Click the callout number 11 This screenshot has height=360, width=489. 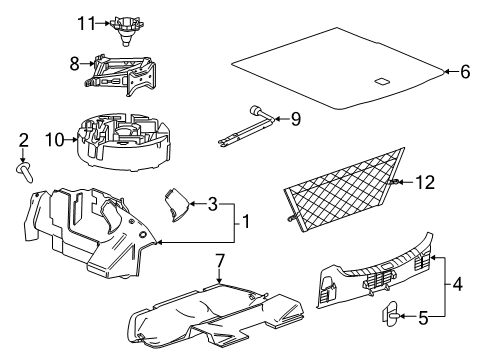pyautogui.click(x=86, y=23)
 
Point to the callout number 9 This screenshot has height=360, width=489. pyautogui.click(x=294, y=120)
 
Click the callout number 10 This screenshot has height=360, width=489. pyautogui.click(x=56, y=139)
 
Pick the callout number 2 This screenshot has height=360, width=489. pyautogui.click(x=22, y=141)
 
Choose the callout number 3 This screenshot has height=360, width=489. pyautogui.click(x=212, y=205)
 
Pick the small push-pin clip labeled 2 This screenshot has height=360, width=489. pyautogui.click(x=24, y=171)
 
